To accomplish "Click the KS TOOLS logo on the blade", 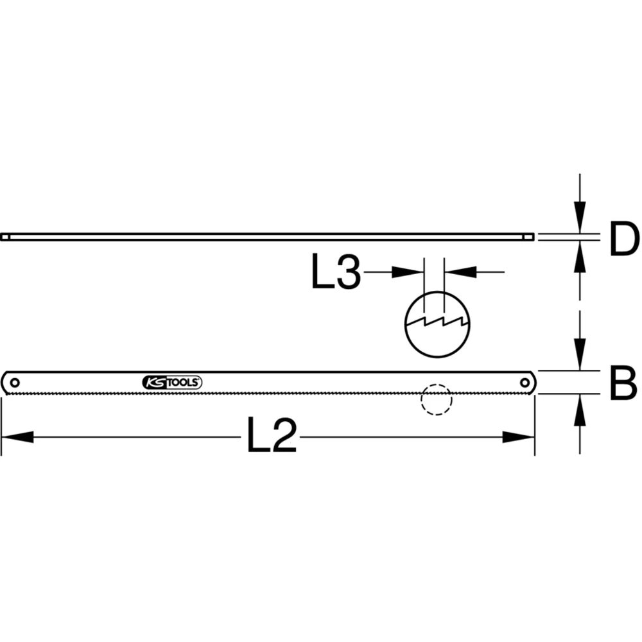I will [x=172, y=383].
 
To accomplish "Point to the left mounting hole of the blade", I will [x=15, y=383].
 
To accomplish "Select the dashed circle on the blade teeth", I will [x=437, y=400].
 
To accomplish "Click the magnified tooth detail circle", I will [x=437, y=323].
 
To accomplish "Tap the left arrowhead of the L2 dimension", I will [x=17, y=437].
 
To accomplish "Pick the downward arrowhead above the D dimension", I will [x=580, y=216].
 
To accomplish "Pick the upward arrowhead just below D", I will [x=580, y=257].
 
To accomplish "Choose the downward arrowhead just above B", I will [x=580, y=354].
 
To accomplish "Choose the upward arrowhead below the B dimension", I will [x=580, y=411].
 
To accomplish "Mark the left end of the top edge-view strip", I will [x=5, y=237].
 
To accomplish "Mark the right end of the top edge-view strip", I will [x=530, y=237].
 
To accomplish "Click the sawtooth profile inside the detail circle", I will [x=437, y=319].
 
